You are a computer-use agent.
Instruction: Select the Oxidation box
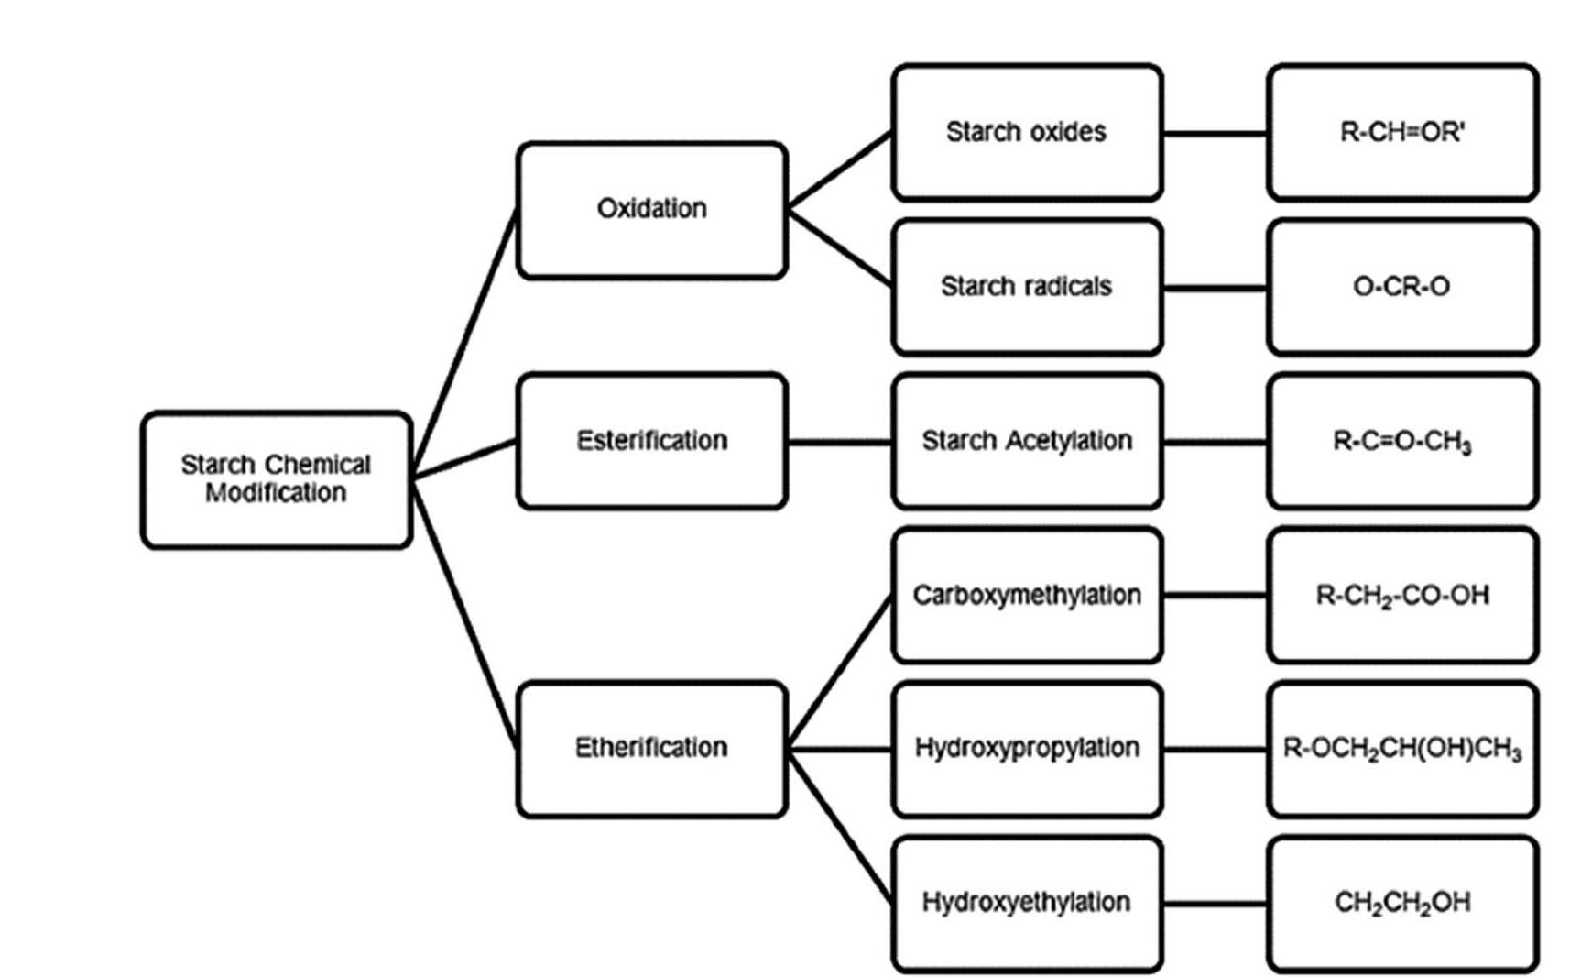(x=651, y=210)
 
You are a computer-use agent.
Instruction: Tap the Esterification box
(x=651, y=441)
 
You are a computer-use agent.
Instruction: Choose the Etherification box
(x=651, y=748)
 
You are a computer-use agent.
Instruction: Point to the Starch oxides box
(x=1027, y=132)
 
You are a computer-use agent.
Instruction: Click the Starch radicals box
(x=1027, y=287)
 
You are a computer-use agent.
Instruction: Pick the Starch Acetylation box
(x=1027, y=441)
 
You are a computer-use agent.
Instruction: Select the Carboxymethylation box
(x=1027, y=595)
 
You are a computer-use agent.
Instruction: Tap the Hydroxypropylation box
(x=1027, y=748)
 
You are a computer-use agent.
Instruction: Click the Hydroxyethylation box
(x=1027, y=902)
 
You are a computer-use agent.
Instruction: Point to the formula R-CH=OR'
(x=1402, y=132)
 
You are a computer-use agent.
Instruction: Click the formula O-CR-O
(x=1402, y=287)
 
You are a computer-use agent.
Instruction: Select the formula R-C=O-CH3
(x=1402, y=442)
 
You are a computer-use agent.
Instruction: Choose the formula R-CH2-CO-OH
(x=1402, y=596)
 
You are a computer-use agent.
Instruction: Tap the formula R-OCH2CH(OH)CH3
(x=1402, y=749)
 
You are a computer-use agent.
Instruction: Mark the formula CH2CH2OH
(x=1402, y=903)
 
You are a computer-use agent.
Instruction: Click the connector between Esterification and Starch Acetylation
(x=839, y=442)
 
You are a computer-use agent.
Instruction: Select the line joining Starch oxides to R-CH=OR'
(x=1216, y=134)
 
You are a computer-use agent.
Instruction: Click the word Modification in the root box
(x=276, y=493)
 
